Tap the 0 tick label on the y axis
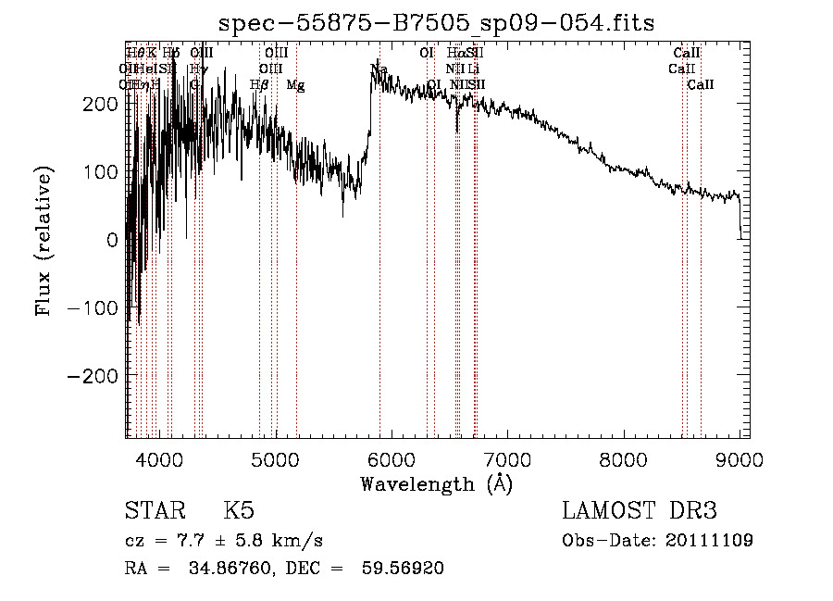click(112, 239)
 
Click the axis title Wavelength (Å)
click(436, 482)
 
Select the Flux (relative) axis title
click(44, 241)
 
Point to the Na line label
click(379, 69)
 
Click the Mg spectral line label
click(295, 85)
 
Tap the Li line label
click(473, 69)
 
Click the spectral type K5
click(238, 511)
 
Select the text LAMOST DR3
click(640, 511)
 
